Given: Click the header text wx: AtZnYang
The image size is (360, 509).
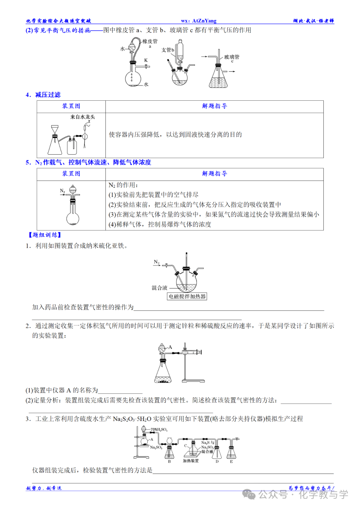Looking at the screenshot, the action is pyautogui.click(x=199, y=21).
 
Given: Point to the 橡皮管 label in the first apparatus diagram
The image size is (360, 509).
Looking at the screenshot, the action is pyautogui.click(x=150, y=41).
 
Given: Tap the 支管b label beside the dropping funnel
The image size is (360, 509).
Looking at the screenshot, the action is pyautogui.click(x=168, y=50).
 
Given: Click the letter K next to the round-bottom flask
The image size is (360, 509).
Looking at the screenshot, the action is pyautogui.click(x=146, y=60).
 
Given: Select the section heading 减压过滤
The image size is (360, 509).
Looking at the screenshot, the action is pyautogui.click(x=48, y=95).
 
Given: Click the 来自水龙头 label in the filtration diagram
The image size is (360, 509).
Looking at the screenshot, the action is pyautogui.click(x=83, y=117).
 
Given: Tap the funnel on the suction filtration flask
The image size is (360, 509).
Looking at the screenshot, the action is pyautogui.click(x=55, y=129).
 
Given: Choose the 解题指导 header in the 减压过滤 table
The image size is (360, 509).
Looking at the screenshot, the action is pyautogui.click(x=214, y=106).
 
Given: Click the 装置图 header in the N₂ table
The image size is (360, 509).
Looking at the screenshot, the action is pyautogui.click(x=71, y=174).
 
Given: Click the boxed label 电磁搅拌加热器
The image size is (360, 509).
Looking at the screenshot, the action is pyautogui.click(x=187, y=296).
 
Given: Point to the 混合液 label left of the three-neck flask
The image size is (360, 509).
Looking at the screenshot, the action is pyautogui.click(x=159, y=288).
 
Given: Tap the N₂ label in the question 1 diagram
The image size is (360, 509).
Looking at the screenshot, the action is pyautogui.click(x=157, y=262).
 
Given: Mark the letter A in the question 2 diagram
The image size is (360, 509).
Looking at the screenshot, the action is pyautogui.click(x=170, y=347).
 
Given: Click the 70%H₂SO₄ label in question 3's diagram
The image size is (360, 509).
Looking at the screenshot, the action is pyautogui.click(x=159, y=430).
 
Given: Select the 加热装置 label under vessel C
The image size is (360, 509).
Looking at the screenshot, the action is pyautogui.click(x=191, y=461).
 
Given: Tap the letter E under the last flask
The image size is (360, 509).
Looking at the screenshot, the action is pyautogui.click(x=231, y=462).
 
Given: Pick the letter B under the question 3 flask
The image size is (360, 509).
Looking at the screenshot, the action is pyautogui.click(x=169, y=462).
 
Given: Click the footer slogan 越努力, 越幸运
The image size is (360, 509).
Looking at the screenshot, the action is pyautogui.click(x=44, y=488).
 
